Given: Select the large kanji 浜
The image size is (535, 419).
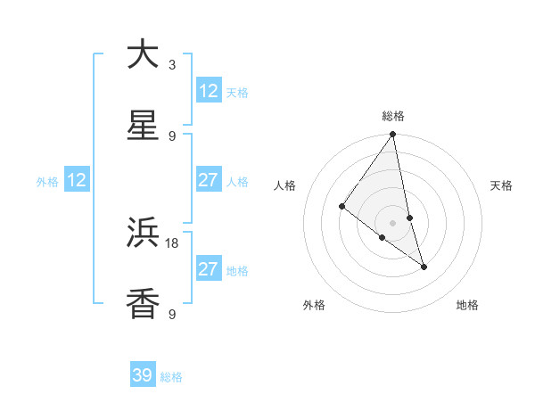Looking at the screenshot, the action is pos(143,233).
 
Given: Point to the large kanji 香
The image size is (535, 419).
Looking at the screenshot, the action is pos(143,304).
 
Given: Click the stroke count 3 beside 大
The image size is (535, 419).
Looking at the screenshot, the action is pos(172,65).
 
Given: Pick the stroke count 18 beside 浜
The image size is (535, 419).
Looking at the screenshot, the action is pos(172,242).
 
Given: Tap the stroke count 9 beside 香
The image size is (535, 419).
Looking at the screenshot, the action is pos(172,314).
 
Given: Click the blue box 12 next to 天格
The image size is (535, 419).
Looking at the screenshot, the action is pos(209,91).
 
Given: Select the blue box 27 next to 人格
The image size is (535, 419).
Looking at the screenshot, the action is pos(209,180).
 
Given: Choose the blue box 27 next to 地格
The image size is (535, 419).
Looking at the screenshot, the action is pos(209,269).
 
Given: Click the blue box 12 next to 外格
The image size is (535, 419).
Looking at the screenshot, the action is pos(77,180).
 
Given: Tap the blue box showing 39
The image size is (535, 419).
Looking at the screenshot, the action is pos(143,375).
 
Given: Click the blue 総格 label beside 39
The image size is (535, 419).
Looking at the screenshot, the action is pos(171,377).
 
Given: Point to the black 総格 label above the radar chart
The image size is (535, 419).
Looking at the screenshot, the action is pos(393,116).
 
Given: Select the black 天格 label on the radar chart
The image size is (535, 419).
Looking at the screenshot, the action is pos(501,185).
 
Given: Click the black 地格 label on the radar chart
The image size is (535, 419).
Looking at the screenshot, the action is pos(467,305).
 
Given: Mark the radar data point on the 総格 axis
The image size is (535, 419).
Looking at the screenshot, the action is pos(393,135).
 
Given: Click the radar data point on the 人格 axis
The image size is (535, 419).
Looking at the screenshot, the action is pos(342,207).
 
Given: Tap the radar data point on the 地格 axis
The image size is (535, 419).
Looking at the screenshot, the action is pos(424,266).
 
